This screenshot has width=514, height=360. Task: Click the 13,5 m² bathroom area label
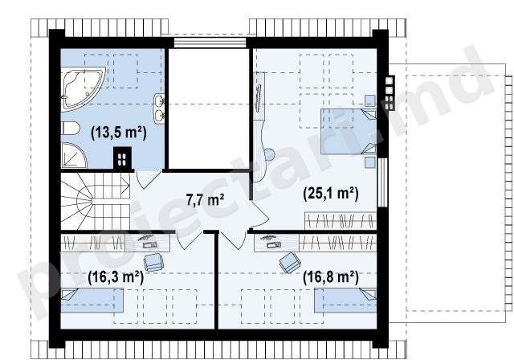(x=119, y=133)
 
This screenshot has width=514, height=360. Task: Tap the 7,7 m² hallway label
(x=206, y=199)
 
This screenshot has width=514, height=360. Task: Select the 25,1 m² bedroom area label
(x=331, y=193)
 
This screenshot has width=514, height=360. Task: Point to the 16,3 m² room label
(x=116, y=278)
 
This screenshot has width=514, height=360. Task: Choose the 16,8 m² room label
(x=331, y=278)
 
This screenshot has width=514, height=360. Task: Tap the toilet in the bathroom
(x=70, y=129)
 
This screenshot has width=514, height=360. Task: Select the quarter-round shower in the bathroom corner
(x=73, y=155)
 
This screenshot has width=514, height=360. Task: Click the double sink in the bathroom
(x=159, y=108)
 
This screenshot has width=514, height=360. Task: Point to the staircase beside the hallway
(x=96, y=201)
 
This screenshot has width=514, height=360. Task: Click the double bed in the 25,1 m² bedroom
(x=349, y=131)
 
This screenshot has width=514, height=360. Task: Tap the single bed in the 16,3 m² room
(x=92, y=300)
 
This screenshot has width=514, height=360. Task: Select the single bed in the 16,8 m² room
(x=345, y=300)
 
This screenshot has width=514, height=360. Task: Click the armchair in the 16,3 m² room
(x=153, y=262)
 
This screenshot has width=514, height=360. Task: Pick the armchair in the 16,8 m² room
(x=291, y=262)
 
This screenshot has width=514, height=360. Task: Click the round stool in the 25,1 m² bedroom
(x=270, y=155)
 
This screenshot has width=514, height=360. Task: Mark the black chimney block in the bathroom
(x=122, y=158)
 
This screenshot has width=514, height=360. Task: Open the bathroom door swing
(x=146, y=180)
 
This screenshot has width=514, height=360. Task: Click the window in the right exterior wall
(x=382, y=182)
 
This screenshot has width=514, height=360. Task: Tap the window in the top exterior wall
(x=210, y=43)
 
